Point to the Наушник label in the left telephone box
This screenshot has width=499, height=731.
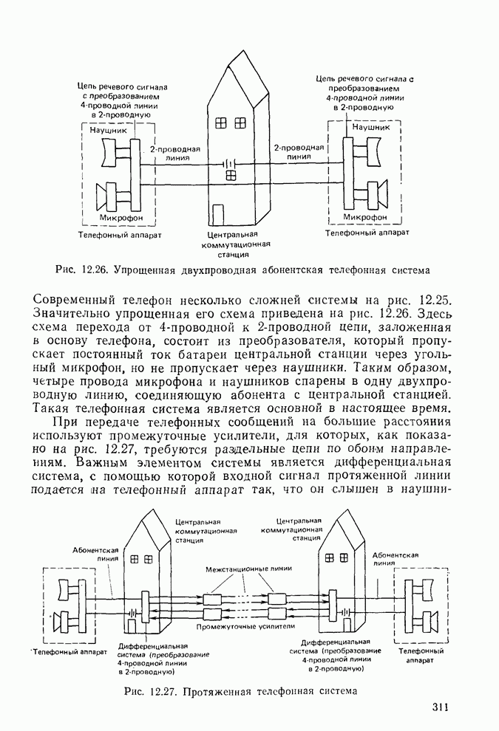coord(109,130)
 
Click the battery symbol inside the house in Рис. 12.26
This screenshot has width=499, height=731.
coord(231,162)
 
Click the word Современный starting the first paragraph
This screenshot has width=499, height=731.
coord(81,300)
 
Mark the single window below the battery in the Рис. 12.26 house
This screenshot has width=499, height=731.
coord(231,175)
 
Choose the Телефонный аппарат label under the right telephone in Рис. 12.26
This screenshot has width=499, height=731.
coord(367,231)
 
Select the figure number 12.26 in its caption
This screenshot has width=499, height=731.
coord(94,271)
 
